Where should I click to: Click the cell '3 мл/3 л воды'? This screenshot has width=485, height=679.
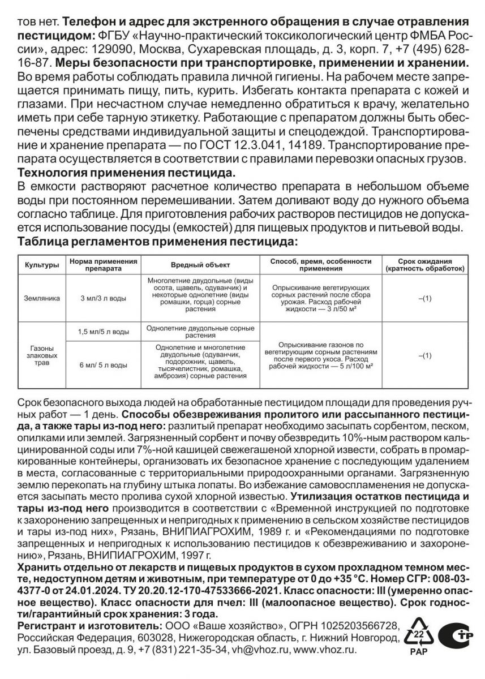point(103,298)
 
